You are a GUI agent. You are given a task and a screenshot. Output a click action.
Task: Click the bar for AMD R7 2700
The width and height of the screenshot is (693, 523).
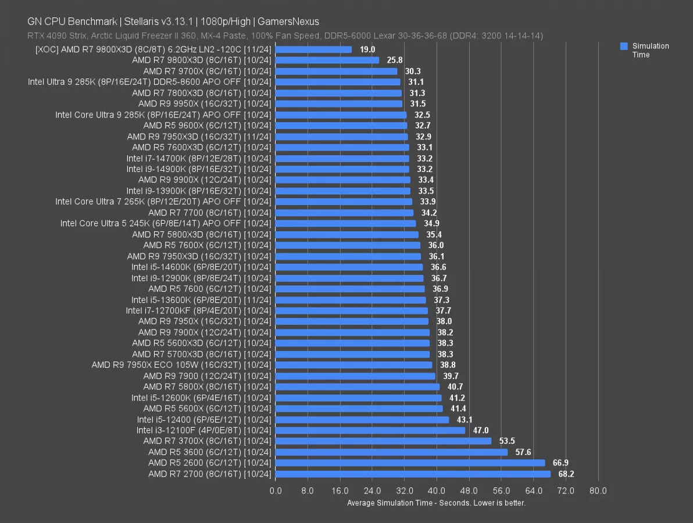tap(413, 474)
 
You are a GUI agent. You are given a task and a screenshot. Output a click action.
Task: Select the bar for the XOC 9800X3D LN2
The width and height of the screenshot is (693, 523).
tap(313, 49)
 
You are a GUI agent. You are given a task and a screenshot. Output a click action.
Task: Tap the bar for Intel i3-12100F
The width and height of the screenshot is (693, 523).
tap(370, 431)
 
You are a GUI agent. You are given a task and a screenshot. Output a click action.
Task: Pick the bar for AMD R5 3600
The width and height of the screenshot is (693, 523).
tap(391, 452)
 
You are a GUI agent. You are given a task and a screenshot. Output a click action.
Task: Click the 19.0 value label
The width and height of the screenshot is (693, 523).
tap(367, 49)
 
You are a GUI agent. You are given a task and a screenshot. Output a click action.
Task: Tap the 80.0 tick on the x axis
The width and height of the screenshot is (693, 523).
tap(598, 491)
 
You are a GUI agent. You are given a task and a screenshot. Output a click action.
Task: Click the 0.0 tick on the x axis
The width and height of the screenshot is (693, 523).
tap(276, 491)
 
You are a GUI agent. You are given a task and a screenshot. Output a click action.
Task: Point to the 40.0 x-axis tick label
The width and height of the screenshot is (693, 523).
tap(437, 491)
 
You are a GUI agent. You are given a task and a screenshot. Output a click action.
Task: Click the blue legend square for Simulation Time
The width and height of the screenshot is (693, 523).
tap(624, 46)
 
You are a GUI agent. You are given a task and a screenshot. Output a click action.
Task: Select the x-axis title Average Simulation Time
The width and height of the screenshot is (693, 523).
tap(436, 503)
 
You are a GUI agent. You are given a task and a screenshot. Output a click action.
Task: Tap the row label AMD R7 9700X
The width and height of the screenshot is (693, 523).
tap(207, 71)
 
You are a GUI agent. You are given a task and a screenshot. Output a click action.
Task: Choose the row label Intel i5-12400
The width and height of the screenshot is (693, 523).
tap(204, 420)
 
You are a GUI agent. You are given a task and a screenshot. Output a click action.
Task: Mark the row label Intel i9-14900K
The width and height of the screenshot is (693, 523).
tap(199, 169)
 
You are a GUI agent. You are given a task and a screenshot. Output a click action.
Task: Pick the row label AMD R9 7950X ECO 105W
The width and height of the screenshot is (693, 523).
tap(181, 365)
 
